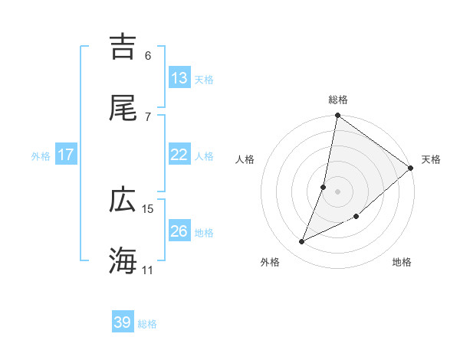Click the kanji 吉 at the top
coord(123,47)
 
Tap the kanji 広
coord(123,200)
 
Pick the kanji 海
coord(123,260)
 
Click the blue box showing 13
coord(179,78)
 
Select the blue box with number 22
coord(179,155)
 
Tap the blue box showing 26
coord(179,231)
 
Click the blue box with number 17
coord(66,155)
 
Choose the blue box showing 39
coord(123,322)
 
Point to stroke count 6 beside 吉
coord(148,55)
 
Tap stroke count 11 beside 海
coord(148,270)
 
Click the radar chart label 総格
coord(338,100)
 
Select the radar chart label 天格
coord(431,159)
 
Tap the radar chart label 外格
coord(270,262)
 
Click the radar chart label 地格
coord(402,262)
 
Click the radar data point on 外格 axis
coord(302,242)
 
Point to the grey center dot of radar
coord(338,191)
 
